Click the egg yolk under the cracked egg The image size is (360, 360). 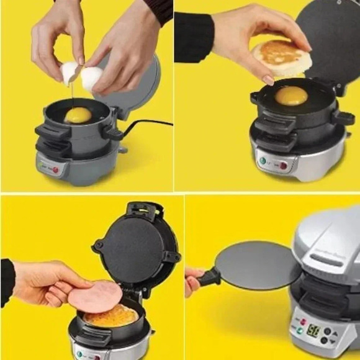pos(78,115)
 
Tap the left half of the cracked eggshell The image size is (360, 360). pos(70,73)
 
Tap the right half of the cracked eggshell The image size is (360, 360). pos(91,78)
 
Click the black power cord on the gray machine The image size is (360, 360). pos(149,124)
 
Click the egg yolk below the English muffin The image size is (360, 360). pos(290,96)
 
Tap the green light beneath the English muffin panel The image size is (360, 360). pos(262,161)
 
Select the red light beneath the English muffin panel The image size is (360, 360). pos(283,165)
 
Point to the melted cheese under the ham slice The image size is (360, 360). pos(112,317)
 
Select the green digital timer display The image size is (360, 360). pos(314,330)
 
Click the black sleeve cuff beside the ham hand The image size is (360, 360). pos(7,282)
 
